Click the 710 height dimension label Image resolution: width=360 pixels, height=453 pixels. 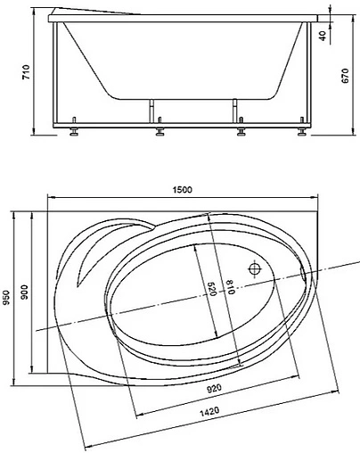pos(27,71)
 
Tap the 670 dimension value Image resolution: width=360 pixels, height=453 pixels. pos(345,76)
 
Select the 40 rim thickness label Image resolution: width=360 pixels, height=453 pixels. pos(323,36)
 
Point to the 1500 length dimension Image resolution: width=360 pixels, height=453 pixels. pos(183,189)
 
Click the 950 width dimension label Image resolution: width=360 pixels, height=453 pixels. pos(6,298)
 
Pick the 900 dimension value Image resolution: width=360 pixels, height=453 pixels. pos(25,292)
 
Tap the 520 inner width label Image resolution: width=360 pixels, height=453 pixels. pos(210,289)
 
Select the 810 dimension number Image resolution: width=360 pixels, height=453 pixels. pos(230,287)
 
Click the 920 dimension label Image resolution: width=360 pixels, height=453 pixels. pos(214,389)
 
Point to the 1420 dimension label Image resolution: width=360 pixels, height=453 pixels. pos(209,412)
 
